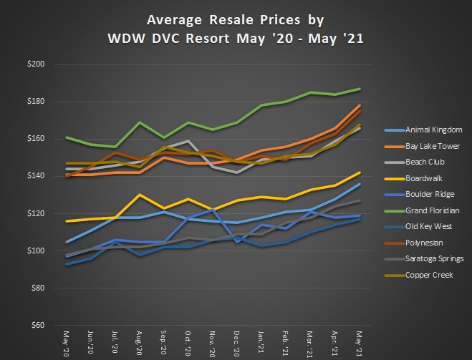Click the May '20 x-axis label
click(x=67, y=342)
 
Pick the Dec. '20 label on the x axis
click(x=236, y=343)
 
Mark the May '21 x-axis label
click(x=358, y=342)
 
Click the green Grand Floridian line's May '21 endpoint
click(x=358, y=89)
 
